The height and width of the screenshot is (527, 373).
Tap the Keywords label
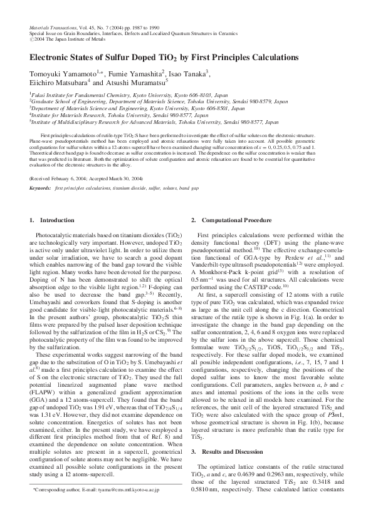[39, 187]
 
